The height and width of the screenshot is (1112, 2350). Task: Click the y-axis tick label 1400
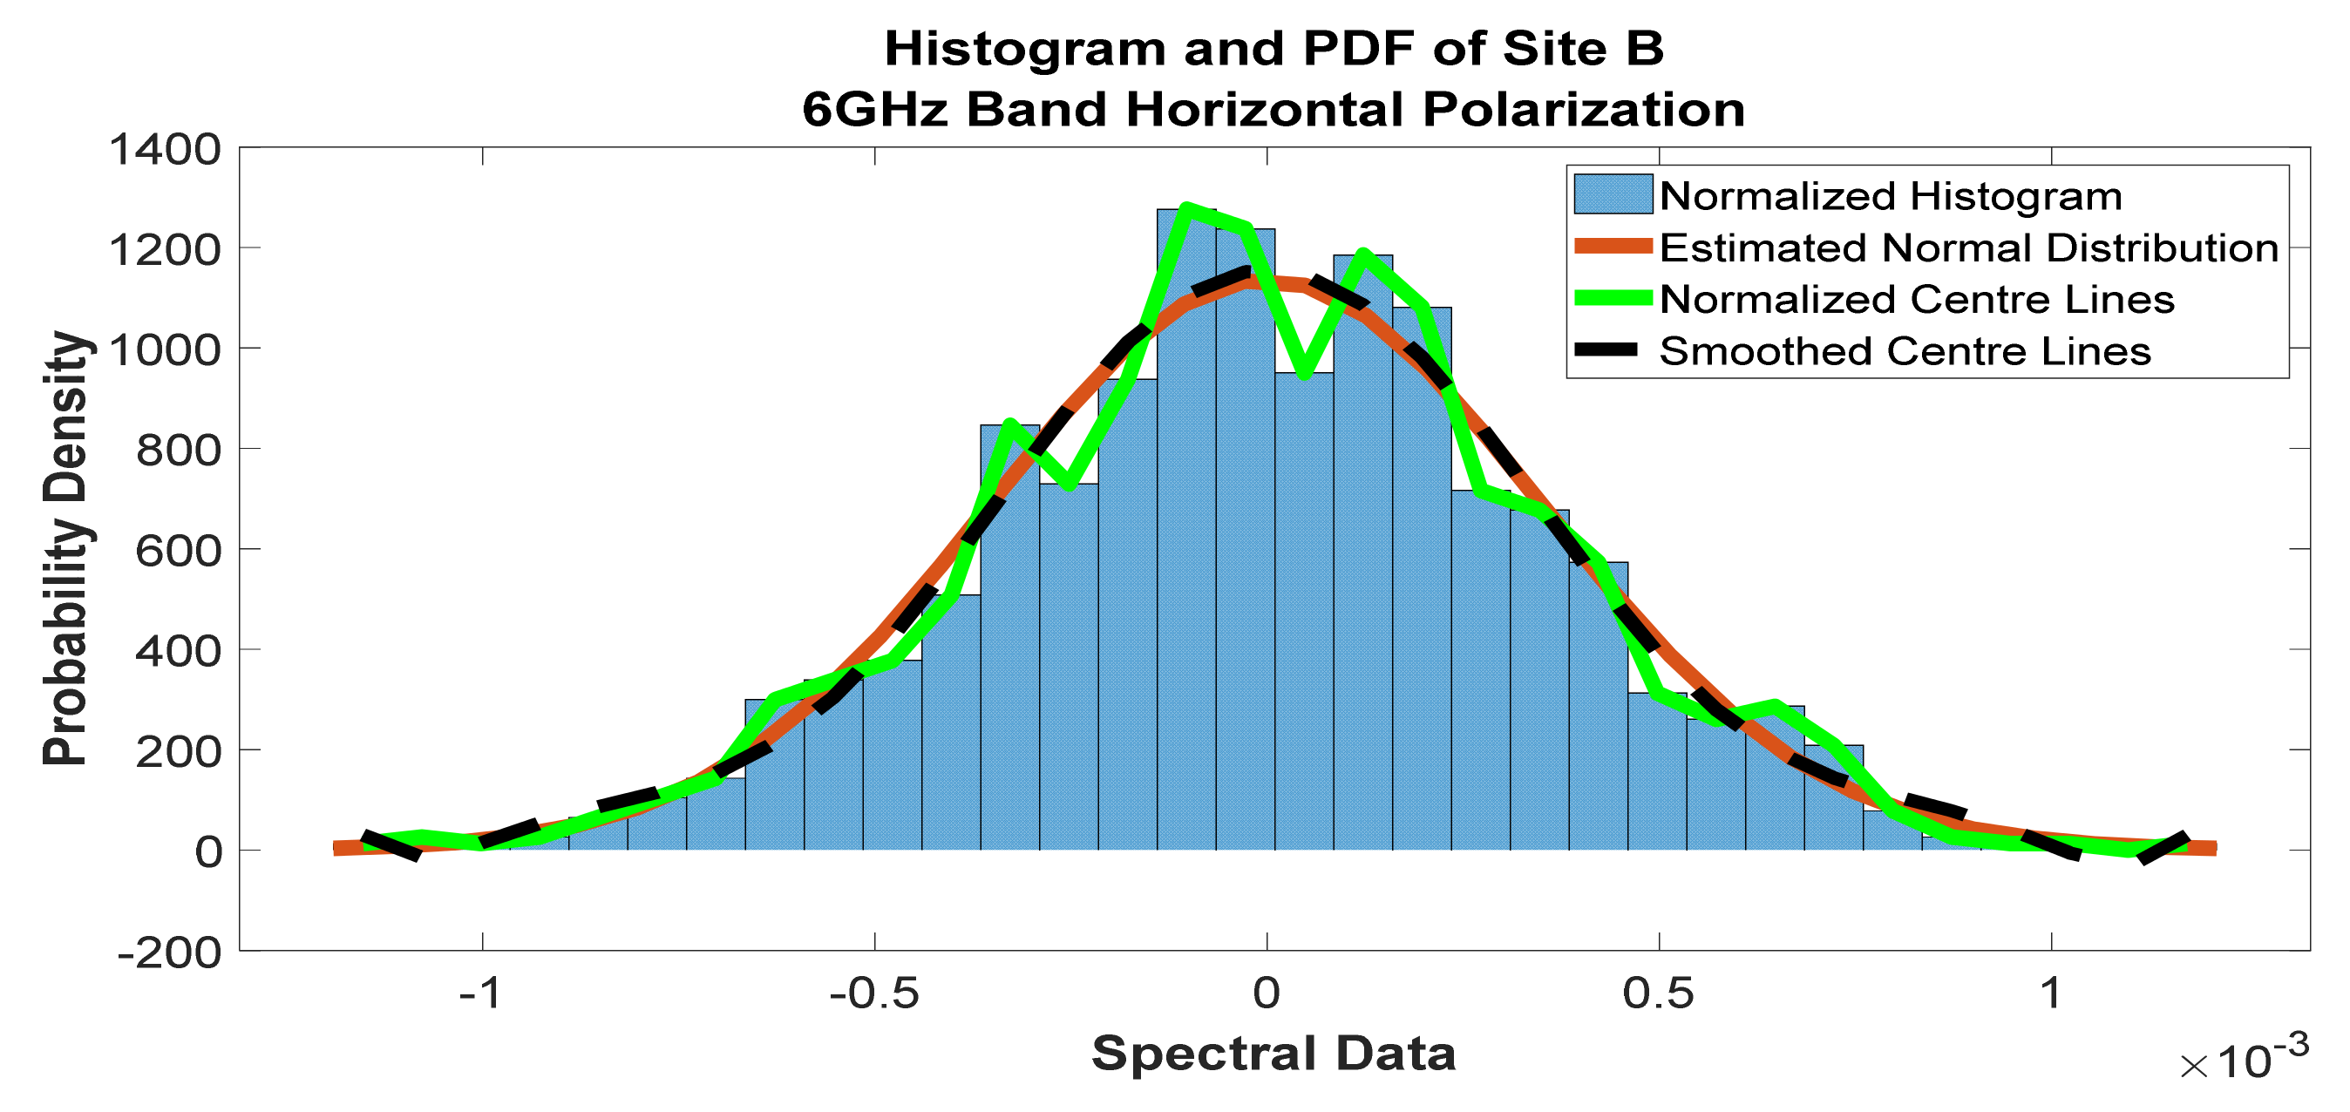[x=164, y=151]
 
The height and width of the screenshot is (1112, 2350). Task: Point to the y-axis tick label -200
[x=170, y=954]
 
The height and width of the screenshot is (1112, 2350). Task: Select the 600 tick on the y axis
[x=178, y=551]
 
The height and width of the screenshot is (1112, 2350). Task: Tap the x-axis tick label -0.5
[x=874, y=993]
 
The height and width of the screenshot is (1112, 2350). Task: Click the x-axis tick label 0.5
[x=1658, y=993]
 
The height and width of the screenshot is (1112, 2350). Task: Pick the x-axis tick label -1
[x=481, y=993]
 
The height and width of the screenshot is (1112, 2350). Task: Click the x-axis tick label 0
[x=1267, y=993]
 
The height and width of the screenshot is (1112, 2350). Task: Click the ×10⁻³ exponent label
[x=2245, y=1058]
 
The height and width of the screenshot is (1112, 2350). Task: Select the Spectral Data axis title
[x=1273, y=1054]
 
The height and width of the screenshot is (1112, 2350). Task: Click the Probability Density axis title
[x=65, y=547]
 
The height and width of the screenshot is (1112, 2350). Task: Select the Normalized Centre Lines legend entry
[x=1917, y=299]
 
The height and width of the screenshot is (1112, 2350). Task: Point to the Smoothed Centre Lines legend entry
[x=1905, y=351]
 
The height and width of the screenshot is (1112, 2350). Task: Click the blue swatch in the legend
[x=1613, y=194]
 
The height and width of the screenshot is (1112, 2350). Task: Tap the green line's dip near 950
[x=1305, y=373]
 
